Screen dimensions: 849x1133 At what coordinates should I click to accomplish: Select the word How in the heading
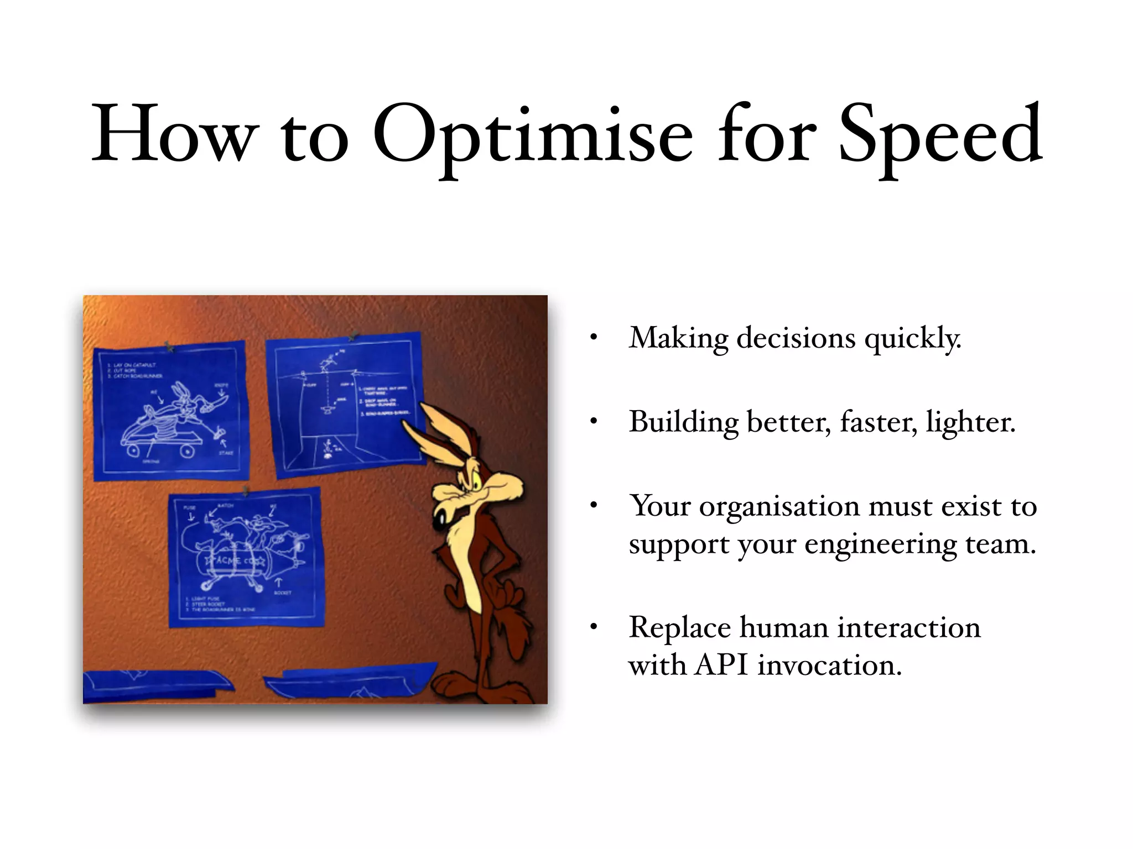tap(174, 135)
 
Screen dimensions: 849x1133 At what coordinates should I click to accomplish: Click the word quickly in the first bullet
tap(913, 338)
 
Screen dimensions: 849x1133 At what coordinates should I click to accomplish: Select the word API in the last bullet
tap(721, 665)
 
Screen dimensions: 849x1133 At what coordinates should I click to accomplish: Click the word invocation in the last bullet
tap(829, 665)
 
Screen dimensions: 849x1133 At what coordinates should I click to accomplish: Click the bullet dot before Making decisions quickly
tap(594, 338)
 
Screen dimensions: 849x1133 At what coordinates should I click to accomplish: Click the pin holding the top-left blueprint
tap(170, 347)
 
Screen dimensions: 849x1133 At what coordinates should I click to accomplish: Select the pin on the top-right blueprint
tap(353, 336)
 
